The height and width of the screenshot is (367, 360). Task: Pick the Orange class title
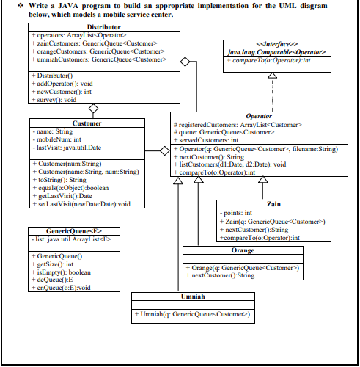click(x=241, y=250)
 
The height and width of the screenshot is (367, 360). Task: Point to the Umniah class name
click(x=193, y=299)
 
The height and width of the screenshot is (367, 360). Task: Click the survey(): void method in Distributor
click(x=56, y=100)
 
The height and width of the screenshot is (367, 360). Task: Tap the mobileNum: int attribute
click(x=59, y=138)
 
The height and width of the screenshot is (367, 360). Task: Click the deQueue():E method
click(x=59, y=279)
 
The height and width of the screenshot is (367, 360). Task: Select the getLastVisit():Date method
click(x=66, y=195)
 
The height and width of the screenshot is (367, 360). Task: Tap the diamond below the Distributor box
click(x=93, y=109)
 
